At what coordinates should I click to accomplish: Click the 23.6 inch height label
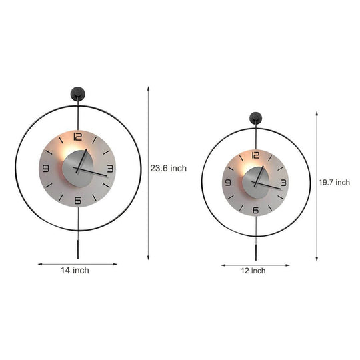168,169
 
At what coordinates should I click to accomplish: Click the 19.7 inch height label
333,182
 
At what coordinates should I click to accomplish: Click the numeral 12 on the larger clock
78,137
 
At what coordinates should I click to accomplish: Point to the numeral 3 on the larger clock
110,169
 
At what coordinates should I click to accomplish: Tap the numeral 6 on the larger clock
78,200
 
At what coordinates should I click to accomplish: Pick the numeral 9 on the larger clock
46,168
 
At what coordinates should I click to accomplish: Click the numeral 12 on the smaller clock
257,155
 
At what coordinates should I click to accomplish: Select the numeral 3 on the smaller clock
284,181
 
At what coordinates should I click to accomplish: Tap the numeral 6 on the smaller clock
257,209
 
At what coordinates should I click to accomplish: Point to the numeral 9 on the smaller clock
230,181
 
